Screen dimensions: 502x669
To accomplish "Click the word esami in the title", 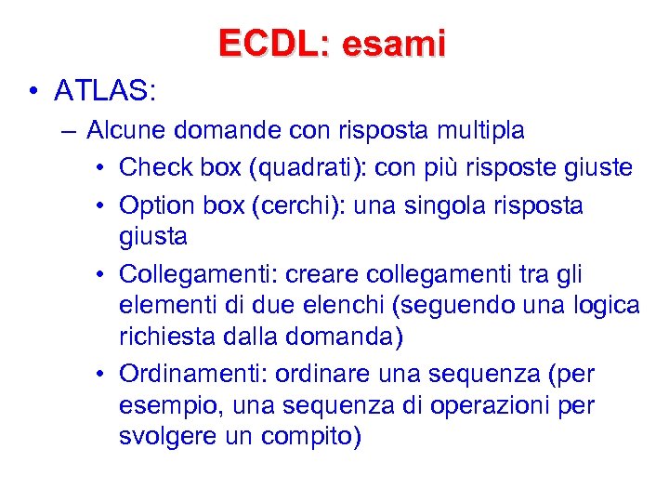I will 394,43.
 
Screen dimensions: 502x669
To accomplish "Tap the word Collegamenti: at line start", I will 199,275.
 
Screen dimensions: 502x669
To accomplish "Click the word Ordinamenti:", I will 198,375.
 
